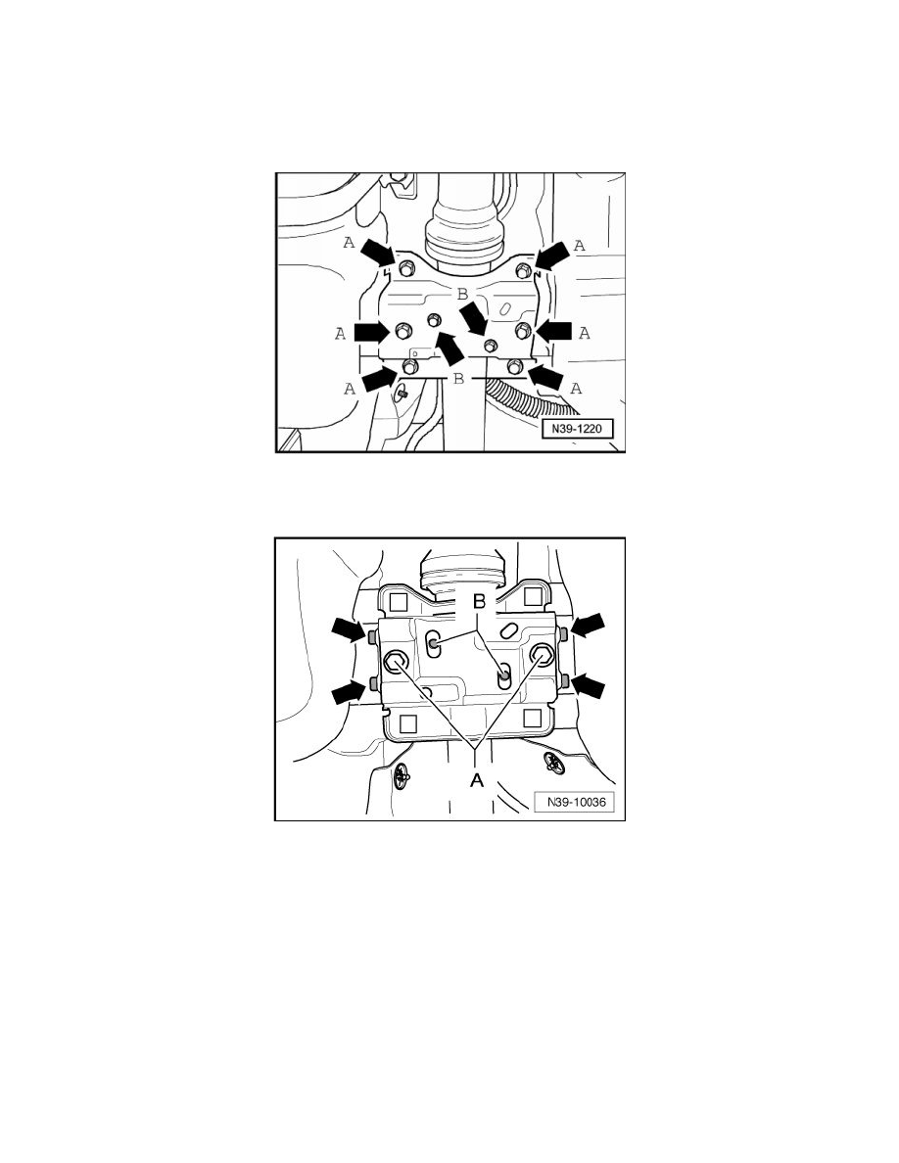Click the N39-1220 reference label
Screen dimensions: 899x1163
click(577, 428)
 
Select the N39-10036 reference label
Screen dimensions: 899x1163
click(574, 801)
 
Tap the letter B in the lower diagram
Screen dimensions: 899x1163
click(479, 601)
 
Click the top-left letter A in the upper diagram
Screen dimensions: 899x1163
click(348, 242)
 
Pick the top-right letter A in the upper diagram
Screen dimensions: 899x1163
click(580, 245)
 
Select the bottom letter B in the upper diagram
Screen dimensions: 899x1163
click(458, 378)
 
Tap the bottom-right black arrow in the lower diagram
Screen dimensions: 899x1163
click(590, 686)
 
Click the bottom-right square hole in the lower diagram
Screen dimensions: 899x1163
click(531, 718)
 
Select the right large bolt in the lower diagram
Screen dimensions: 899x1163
click(542, 654)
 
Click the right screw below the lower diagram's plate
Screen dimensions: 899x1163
click(554, 761)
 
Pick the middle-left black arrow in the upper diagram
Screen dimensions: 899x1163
click(371, 331)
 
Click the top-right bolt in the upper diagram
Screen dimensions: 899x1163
click(523, 270)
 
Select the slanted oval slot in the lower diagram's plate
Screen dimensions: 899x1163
click(509, 630)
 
